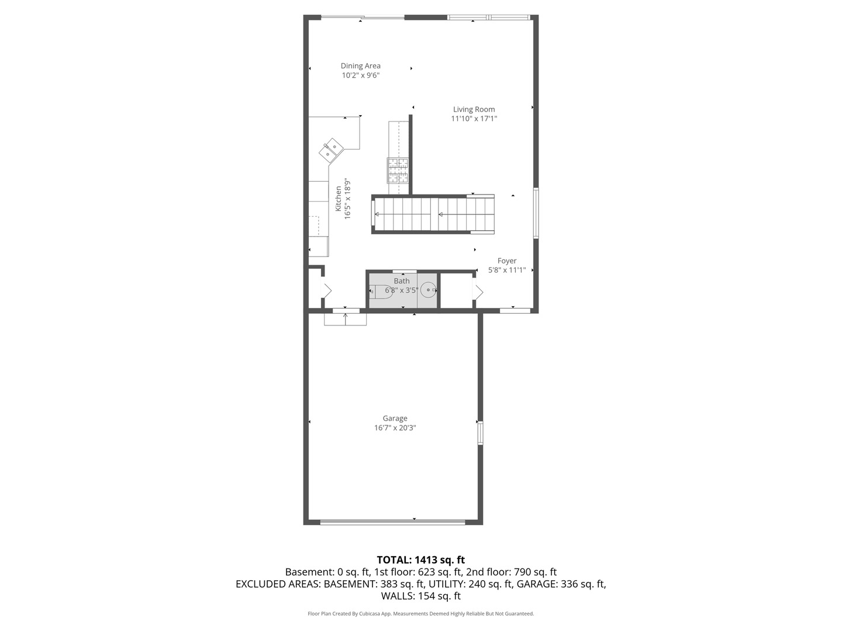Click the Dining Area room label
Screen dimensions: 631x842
click(360, 66)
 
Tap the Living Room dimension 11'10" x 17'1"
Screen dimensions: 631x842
click(474, 119)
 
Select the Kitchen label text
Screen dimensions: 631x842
click(338, 199)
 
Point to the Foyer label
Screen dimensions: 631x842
click(506, 261)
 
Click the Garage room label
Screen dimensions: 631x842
click(395, 418)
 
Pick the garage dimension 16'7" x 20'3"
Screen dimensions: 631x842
click(395, 428)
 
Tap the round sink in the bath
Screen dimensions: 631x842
click(429, 289)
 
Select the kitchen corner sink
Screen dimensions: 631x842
click(331, 150)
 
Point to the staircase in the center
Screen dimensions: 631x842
click(433, 214)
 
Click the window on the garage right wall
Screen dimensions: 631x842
click(480, 433)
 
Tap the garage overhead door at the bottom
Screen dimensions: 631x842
click(393, 522)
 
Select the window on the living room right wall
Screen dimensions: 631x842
click(536, 213)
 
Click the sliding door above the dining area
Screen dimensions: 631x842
click(363, 18)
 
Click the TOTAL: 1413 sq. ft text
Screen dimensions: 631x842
click(420, 560)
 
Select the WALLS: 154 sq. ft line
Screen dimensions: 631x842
click(420, 596)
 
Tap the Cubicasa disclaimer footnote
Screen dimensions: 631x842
click(420, 613)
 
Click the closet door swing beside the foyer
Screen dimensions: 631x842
click(478, 292)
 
